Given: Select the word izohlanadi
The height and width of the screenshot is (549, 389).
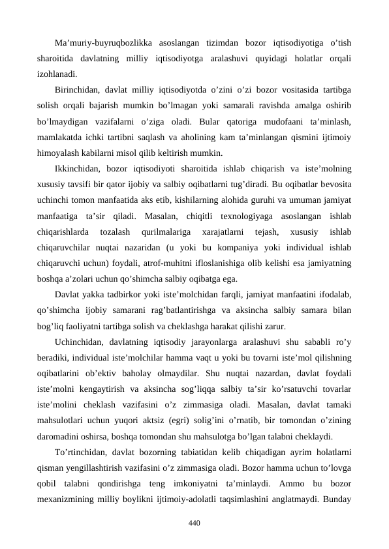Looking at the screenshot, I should coord(59,74).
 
